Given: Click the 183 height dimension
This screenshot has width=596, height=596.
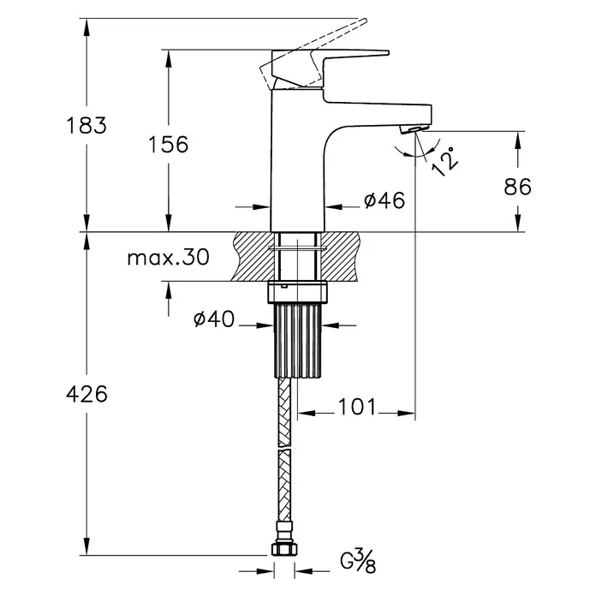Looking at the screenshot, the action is pyautogui.click(x=86, y=125).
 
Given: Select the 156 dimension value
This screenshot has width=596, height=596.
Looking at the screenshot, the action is pyautogui.click(x=169, y=145).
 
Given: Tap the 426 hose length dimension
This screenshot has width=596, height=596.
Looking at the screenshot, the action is pyautogui.click(x=86, y=394).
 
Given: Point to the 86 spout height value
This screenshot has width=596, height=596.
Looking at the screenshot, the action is pyautogui.click(x=517, y=187).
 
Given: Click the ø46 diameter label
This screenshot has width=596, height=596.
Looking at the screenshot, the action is pyautogui.click(x=384, y=200).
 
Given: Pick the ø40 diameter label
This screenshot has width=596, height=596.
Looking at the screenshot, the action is pyautogui.click(x=214, y=319).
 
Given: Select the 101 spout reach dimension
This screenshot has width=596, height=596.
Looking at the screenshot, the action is pyautogui.click(x=356, y=407).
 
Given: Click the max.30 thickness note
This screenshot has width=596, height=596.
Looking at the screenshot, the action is pyautogui.click(x=169, y=258).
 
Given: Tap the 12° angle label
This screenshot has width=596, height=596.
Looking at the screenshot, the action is pyautogui.click(x=445, y=162).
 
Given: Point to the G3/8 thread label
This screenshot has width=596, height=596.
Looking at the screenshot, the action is pyautogui.click(x=358, y=562).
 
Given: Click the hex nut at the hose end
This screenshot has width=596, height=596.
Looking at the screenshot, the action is pyautogui.click(x=284, y=549).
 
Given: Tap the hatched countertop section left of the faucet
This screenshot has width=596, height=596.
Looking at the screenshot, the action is pyautogui.click(x=253, y=257).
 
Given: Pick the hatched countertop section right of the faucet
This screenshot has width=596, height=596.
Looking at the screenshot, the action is pyautogui.click(x=340, y=257).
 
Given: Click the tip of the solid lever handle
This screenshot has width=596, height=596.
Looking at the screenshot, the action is pyautogui.click(x=389, y=52).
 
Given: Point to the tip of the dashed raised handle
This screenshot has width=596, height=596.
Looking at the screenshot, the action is pyautogui.click(x=366, y=20).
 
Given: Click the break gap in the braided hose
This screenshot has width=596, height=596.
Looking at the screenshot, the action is pyautogui.click(x=284, y=449).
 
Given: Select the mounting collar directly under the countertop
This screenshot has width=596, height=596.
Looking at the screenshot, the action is pyautogui.click(x=298, y=292).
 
